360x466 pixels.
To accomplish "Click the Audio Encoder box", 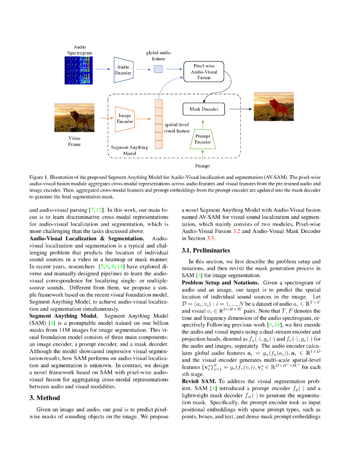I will [x=123, y=70].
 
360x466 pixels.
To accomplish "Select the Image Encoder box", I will [x=125, y=119].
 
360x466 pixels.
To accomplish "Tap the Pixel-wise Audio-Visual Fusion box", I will [x=204, y=71].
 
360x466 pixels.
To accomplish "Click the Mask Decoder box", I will [x=203, y=109].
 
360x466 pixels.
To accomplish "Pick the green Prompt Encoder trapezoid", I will [x=203, y=139].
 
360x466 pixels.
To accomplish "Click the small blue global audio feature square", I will [x=158, y=69].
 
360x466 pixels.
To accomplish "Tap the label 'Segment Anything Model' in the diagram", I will [x=130, y=150].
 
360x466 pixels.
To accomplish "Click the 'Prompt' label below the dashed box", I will [x=203, y=166].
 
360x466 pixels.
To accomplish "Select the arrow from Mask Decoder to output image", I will [x=240, y=109].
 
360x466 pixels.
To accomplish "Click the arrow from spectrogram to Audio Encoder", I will [x=102, y=69].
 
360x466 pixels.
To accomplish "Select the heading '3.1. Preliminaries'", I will [x=205, y=250].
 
